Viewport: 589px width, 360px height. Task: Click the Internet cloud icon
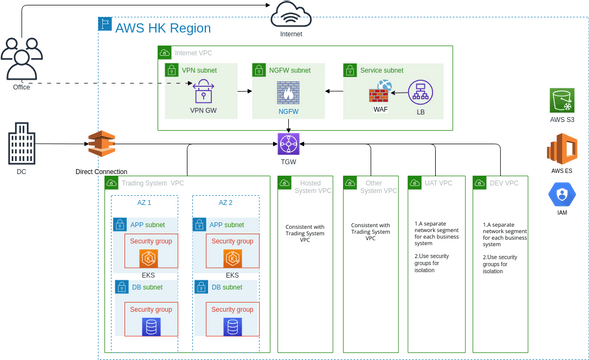tap(290, 15)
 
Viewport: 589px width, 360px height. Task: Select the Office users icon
tap(20, 59)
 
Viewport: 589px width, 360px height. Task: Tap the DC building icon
tap(22, 145)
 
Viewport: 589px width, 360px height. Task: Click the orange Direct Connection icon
tap(101, 147)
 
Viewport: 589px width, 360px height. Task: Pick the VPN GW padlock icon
tap(204, 92)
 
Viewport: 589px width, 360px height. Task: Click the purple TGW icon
tap(289, 143)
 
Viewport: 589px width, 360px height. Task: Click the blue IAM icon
tap(563, 195)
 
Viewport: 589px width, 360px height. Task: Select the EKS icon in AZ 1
tap(148, 259)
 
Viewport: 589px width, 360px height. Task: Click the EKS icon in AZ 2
tap(232, 259)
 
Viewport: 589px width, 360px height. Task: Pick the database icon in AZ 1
tap(149, 327)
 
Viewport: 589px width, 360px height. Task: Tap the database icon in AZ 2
tap(232, 327)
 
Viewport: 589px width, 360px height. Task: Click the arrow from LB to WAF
tap(400, 93)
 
